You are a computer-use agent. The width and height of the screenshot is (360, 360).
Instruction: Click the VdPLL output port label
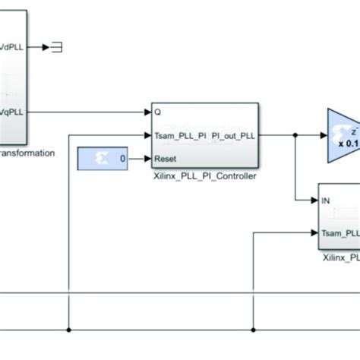click(16, 46)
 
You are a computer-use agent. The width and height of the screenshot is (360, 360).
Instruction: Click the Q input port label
click(157, 111)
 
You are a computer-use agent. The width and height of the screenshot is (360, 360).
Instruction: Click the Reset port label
click(166, 159)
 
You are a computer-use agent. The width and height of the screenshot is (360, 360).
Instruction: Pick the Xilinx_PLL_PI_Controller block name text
click(206, 176)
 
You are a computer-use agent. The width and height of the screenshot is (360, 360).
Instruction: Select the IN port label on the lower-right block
click(327, 201)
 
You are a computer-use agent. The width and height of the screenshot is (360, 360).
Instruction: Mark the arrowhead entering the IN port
click(314, 201)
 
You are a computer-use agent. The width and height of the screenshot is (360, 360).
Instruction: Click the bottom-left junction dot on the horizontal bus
click(69, 330)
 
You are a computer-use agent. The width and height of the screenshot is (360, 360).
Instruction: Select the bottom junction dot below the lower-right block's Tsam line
click(252, 330)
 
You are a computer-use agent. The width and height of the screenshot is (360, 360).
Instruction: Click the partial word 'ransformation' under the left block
click(28, 153)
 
